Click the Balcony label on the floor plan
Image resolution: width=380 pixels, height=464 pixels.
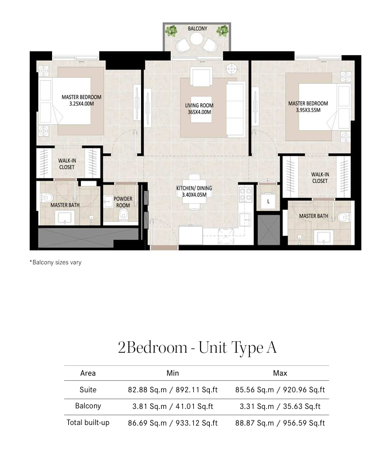197,29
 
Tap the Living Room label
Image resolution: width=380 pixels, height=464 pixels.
199,106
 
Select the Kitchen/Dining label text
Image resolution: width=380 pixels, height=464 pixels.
194,188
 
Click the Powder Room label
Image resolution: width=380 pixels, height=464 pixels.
123,202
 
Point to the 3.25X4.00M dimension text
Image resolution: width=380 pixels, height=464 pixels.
81,104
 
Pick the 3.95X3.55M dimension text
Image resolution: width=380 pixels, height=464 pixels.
308,110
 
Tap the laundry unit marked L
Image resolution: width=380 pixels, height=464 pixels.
268,201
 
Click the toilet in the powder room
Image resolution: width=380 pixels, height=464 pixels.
122,215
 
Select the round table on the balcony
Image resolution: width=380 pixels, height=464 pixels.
196,38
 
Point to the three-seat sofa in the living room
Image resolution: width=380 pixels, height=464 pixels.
236,109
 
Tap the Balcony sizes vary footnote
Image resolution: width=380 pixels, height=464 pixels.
55,262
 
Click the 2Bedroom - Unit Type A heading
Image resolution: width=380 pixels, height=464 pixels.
197,348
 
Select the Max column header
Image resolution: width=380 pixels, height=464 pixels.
280,373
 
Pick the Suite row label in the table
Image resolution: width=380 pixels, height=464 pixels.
88,389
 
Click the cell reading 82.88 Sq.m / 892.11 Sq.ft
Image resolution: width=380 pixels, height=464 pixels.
173,389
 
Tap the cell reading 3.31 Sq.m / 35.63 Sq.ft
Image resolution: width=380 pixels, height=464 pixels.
280,406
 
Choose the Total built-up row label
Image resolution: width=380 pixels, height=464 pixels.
88,423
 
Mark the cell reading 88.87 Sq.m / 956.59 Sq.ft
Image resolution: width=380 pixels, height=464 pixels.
280,423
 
